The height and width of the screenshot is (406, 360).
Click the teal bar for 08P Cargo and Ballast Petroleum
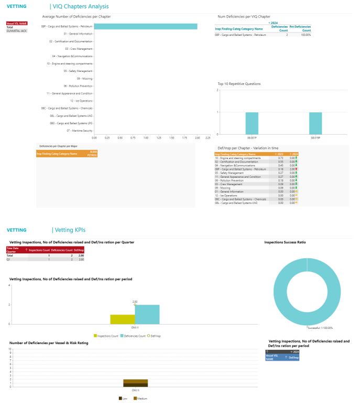(x=146, y=26)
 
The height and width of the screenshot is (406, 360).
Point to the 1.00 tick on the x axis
(x=146, y=138)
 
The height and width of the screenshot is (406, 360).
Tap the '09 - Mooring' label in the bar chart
(x=84, y=79)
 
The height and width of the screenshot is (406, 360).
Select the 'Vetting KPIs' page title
(x=70, y=230)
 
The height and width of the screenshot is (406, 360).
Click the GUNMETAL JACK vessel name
(x=16, y=31)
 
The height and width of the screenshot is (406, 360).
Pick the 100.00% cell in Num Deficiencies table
(x=304, y=35)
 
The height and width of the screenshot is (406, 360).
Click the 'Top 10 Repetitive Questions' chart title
(x=239, y=83)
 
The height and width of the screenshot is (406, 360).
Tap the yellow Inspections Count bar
(x=122, y=319)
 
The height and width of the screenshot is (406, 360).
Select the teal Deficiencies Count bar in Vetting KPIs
(x=147, y=314)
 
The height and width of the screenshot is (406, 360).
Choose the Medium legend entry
(x=140, y=399)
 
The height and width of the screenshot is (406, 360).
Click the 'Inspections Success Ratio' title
(x=285, y=242)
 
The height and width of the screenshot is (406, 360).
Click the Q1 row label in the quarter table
(x=8, y=259)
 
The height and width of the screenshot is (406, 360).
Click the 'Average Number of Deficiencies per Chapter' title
(x=77, y=17)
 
